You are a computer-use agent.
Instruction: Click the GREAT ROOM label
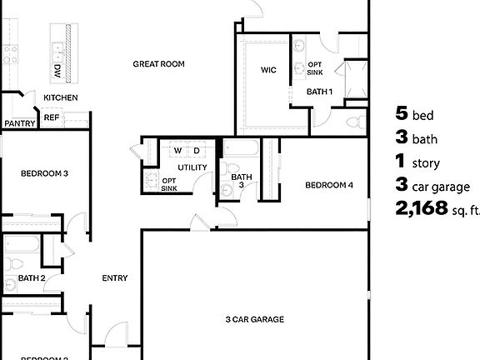coord(158,64)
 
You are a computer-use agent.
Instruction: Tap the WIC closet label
coord(268,70)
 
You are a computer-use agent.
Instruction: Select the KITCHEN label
coord(61,98)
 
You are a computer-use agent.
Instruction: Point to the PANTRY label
coord(18,124)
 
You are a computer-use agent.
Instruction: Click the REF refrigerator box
coord(52,118)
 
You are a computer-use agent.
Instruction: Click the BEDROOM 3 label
coord(44,174)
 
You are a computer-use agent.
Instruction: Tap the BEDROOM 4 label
coord(330,185)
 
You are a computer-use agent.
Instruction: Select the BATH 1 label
coord(319,92)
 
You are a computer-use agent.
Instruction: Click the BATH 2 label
coord(32,278)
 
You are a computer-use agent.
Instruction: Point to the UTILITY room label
coord(192,168)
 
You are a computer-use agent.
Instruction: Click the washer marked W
coord(177,152)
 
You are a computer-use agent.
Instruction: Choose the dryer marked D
coord(197,152)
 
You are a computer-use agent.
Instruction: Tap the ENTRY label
coord(114,278)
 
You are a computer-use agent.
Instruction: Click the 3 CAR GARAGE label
coord(255,319)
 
